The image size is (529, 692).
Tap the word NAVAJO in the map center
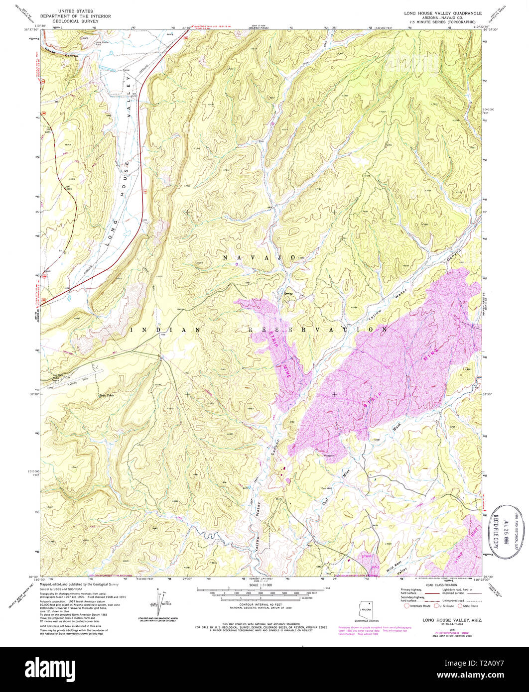(260, 257)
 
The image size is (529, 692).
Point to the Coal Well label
(319, 488)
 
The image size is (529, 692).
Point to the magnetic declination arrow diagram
(162, 600)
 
